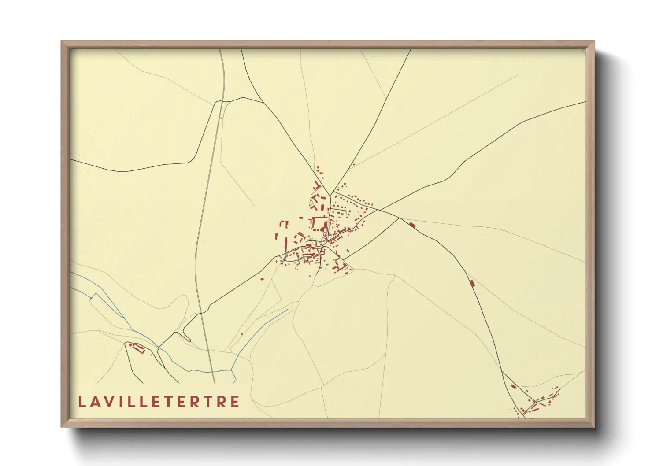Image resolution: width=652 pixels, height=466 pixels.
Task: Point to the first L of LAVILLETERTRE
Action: [81, 402]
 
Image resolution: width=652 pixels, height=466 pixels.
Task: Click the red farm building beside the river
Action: [138, 348]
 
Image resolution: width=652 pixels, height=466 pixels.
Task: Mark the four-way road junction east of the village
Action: [399, 218]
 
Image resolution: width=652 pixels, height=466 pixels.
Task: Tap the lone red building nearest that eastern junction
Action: [412, 225]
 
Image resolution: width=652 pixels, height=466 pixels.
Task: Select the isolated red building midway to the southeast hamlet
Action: [472, 283]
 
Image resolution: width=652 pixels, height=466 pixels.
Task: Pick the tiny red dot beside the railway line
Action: [221, 118]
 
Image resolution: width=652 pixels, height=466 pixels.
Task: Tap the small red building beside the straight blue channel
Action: [242, 334]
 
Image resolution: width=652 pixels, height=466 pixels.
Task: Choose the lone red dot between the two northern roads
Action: [354, 165]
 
